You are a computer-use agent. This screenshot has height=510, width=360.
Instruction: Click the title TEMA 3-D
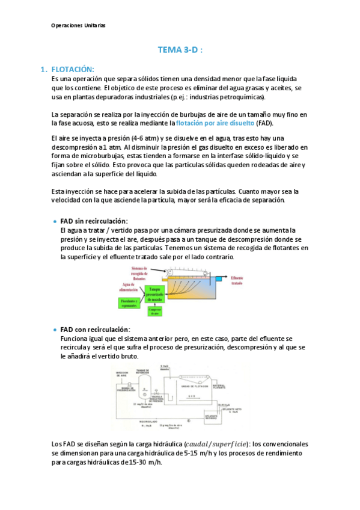pos(180,51)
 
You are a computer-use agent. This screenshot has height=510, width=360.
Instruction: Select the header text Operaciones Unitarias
pos(78,26)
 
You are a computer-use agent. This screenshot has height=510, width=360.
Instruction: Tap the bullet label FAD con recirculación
pos(95,330)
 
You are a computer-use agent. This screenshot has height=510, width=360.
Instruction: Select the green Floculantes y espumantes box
pos(129,303)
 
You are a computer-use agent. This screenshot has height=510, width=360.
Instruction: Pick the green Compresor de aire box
pos(153,311)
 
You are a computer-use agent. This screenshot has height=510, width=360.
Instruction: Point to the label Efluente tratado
pos(239,280)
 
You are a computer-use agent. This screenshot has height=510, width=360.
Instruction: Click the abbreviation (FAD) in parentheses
pos(263,123)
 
